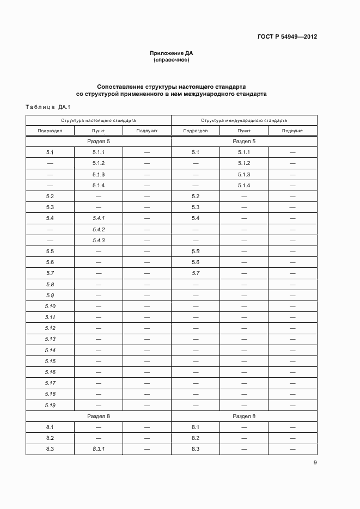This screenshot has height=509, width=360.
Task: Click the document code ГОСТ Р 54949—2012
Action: pos(287,37)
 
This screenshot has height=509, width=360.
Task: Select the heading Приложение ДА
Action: pos(172,53)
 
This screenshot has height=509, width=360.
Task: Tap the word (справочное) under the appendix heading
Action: pos(172,60)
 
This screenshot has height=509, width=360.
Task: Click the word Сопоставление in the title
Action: pos(120,87)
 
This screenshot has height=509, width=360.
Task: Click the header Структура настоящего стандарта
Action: pos(98,120)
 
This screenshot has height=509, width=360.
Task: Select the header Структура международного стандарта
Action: pos(243,120)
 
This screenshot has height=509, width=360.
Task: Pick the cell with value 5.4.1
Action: pos(98,218)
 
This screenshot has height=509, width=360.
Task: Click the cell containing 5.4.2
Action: pos(98,229)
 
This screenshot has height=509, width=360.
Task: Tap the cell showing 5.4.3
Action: pos(98,240)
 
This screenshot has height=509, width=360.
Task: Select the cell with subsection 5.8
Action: pos(50,284)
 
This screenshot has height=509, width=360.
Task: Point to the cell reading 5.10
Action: pos(50,306)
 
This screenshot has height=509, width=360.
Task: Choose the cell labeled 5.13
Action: pos(50,339)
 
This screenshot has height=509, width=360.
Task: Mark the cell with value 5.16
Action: pos(50,372)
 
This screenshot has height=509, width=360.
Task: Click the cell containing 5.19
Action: pos(50,405)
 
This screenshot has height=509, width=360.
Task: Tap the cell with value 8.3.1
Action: pos(98,449)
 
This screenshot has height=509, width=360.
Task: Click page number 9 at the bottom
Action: pos(315,463)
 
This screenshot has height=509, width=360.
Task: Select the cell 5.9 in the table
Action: pos(50,295)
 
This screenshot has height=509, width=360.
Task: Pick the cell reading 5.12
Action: pos(50,328)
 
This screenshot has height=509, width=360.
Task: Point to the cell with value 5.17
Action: pos(50,383)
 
